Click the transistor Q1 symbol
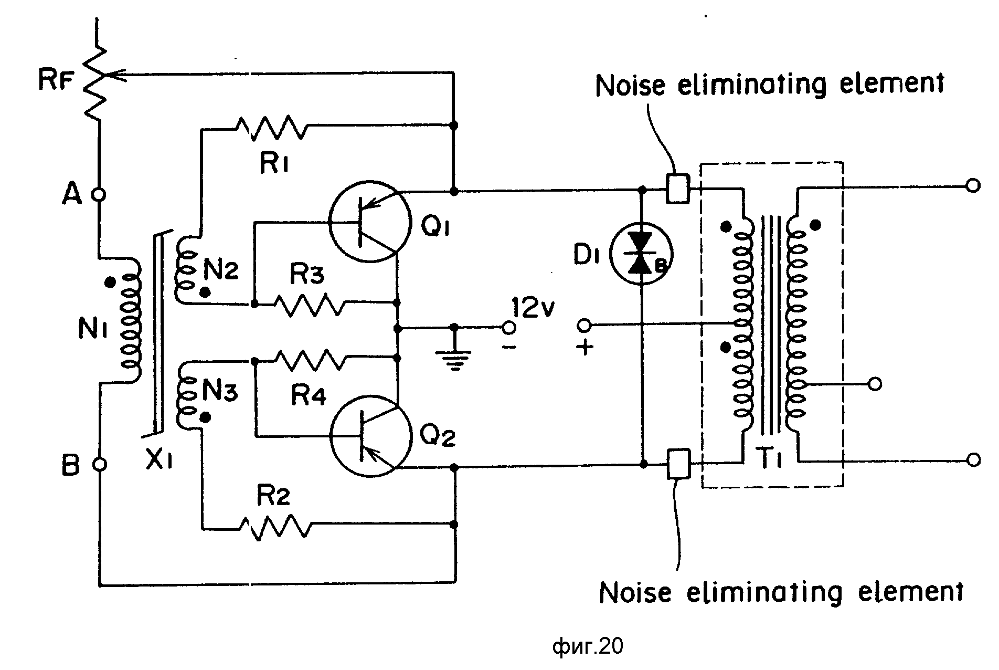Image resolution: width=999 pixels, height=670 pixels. coord(369,221)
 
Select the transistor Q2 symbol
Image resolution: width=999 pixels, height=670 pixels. coord(370,437)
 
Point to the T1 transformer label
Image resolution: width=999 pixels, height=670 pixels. coord(771,461)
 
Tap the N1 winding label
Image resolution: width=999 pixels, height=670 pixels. coord(93,329)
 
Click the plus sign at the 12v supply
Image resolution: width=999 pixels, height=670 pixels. coord(585,348)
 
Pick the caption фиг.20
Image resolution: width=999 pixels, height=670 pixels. coord(588,646)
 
